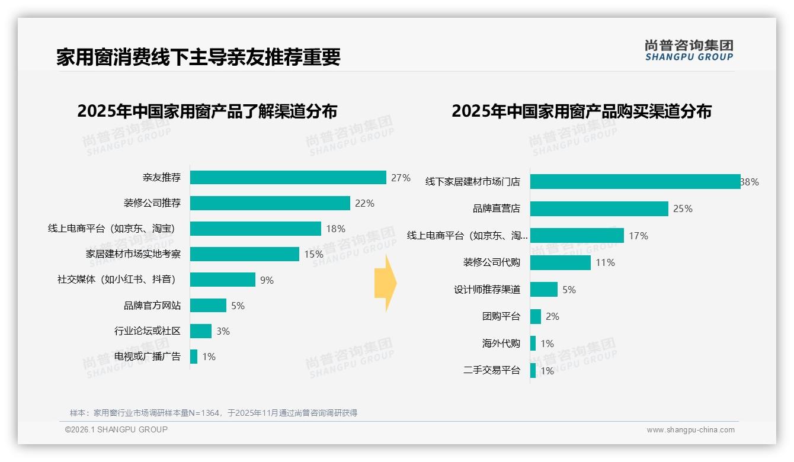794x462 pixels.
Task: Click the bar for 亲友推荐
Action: click(288, 178)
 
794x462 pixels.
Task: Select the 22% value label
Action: click(364, 203)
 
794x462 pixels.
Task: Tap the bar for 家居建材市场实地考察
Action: click(244, 254)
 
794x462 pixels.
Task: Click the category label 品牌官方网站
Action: click(152, 306)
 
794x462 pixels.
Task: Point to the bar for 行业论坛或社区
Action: click(201, 331)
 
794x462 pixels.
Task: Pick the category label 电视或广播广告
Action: click(148, 357)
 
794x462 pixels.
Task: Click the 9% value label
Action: click(267, 280)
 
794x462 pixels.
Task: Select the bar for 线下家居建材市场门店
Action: click(635, 182)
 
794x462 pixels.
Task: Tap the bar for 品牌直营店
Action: click(599, 208)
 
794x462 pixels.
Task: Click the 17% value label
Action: click(638, 236)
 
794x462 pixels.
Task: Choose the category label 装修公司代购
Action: click(491, 262)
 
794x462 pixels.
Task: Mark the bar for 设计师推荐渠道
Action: click(544, 290)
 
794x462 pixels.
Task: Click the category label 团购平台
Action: click(501, 316)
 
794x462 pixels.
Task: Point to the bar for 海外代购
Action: click(533, 344)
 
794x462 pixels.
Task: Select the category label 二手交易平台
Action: click(491, 370)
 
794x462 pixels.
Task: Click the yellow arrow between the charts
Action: click(385, 284)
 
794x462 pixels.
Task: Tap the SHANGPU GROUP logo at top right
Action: click(689, 50)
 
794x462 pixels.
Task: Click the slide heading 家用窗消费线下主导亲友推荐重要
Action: click(198, 57)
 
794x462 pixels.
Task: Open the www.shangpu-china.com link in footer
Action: click(690, 430)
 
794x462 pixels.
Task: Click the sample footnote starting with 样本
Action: click(213, 413)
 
